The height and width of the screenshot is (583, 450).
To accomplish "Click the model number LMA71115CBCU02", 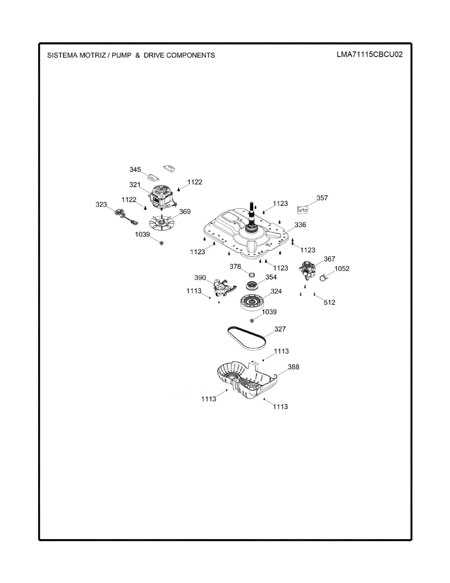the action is coord(370,54).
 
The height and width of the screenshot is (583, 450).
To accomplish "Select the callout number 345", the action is coord(135,169).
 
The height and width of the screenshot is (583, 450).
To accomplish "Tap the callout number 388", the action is coord(293,367).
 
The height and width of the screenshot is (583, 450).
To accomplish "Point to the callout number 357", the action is coord(322,198).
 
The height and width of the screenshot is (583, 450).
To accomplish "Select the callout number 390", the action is coord(200,278).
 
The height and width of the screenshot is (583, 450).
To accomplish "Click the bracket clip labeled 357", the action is coord(303,209).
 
